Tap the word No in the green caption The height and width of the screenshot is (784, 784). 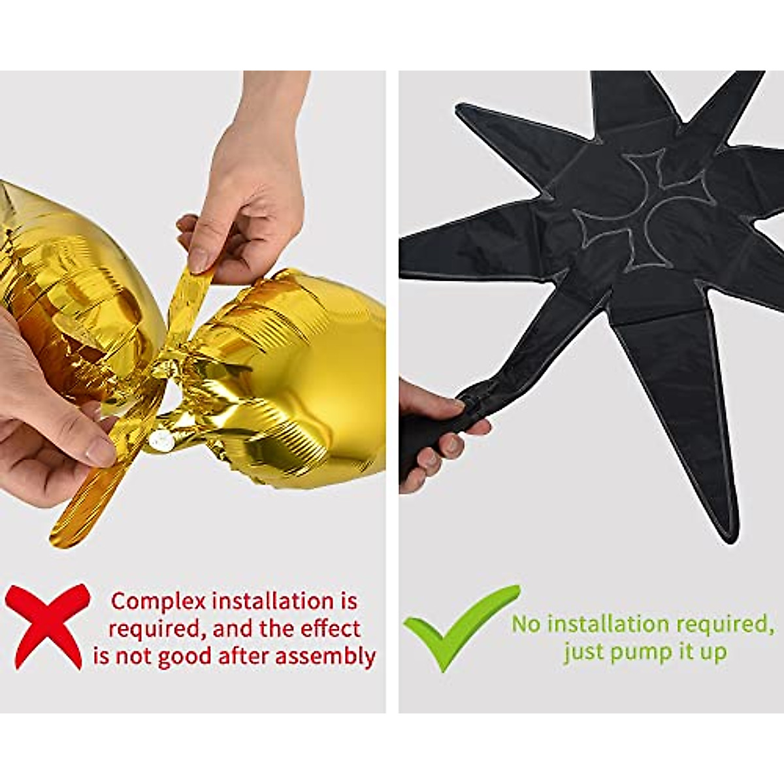[x=527, y=624]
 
